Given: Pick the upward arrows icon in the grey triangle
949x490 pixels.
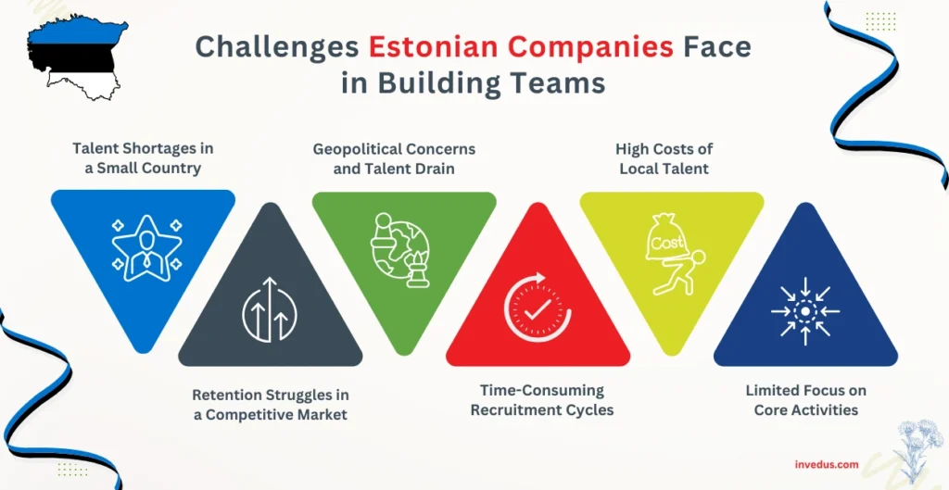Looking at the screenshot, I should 270,307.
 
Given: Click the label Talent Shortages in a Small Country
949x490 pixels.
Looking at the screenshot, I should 143,158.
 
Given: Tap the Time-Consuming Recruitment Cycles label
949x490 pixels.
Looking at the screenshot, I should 537,400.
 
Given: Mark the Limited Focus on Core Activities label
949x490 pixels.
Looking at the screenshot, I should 805,400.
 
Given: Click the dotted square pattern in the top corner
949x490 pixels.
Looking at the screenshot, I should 880,21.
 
